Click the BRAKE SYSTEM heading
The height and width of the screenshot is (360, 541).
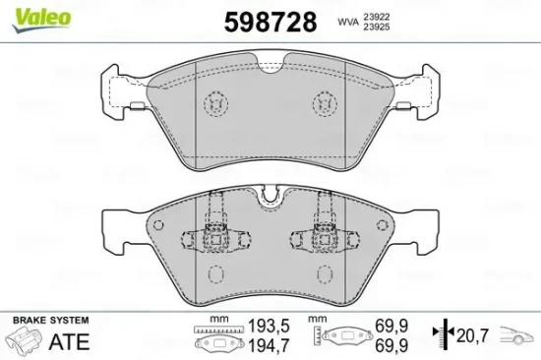[49, 322]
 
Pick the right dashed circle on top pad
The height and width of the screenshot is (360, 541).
[323, 103]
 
